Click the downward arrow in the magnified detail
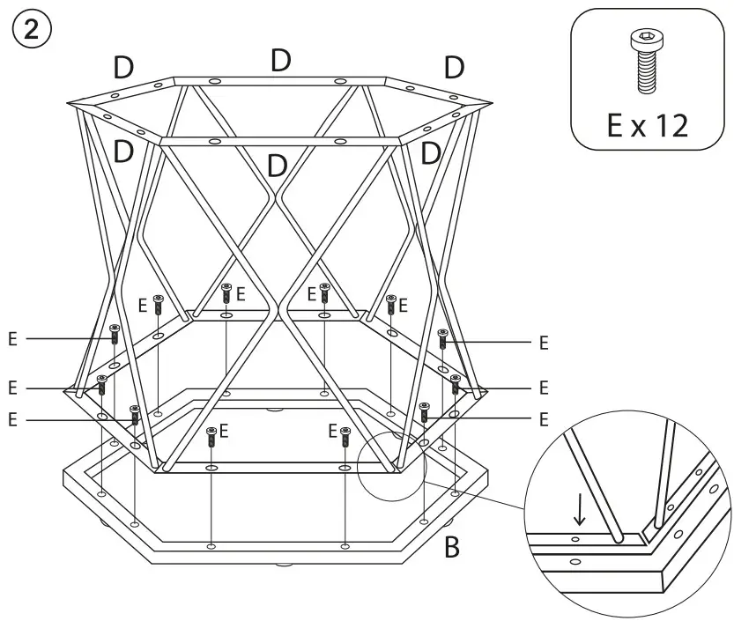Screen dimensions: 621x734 (579, 509)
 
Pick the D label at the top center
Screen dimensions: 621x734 (281, 60)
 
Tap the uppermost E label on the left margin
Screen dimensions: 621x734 (12, 338)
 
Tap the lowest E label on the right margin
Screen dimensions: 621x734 (544, 418)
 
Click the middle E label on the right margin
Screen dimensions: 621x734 (544, 387)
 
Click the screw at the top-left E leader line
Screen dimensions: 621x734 (114, 334)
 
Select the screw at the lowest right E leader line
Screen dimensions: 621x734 (424, 411)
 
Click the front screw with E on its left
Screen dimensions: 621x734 (345, 435)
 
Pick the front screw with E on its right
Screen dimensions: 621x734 (211, 435)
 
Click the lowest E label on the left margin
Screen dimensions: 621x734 (12, 420)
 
